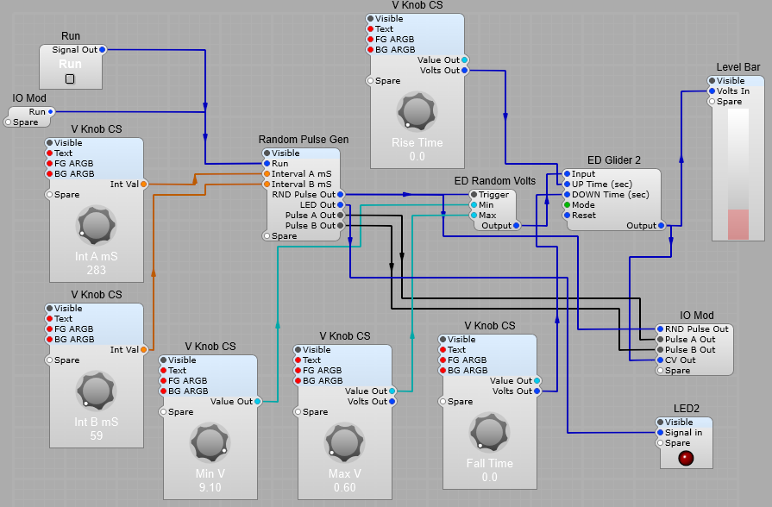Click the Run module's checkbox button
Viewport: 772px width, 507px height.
[71, 78]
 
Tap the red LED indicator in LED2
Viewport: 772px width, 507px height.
[686, 457]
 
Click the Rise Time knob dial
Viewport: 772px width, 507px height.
[417, 112]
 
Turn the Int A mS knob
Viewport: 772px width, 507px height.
[96, 225]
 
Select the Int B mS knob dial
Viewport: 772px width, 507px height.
[96, 391]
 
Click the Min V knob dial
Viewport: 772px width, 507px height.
[210, 442]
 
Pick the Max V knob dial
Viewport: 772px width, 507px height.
[345, 442]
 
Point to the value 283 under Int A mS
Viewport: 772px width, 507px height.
[96, 270]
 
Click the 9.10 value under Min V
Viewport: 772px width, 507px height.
[210, 487]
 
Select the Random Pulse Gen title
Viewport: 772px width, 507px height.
[304, 140]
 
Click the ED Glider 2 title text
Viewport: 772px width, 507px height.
[613, 160]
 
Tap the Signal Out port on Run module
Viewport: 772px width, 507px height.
[102, 50]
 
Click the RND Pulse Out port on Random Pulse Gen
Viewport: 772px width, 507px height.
[341, 195]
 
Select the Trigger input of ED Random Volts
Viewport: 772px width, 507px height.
[474, 195]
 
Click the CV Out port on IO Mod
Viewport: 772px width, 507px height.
[661, 360]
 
